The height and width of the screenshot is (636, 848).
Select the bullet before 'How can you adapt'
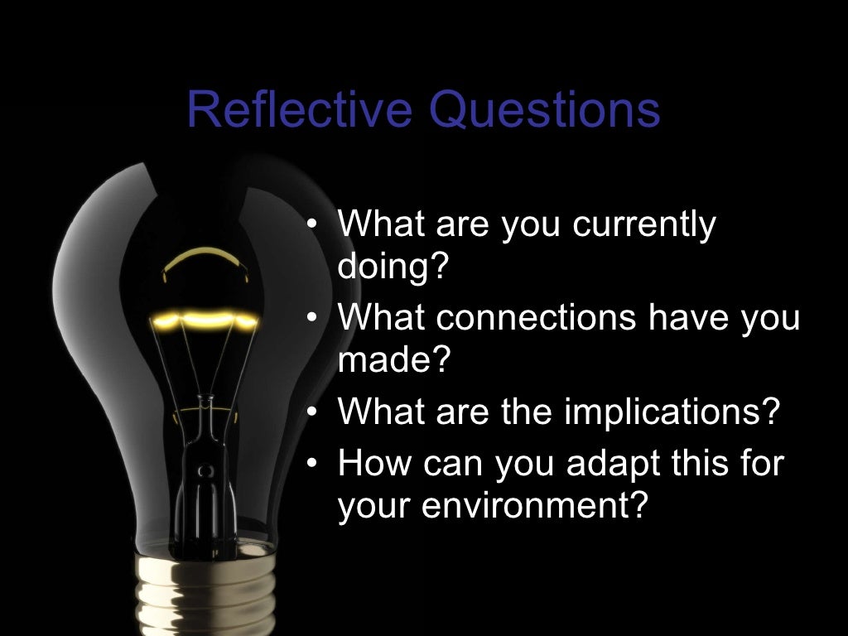[x=311, y=463]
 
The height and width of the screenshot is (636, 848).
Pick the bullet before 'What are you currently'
[x=311, y=225]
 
